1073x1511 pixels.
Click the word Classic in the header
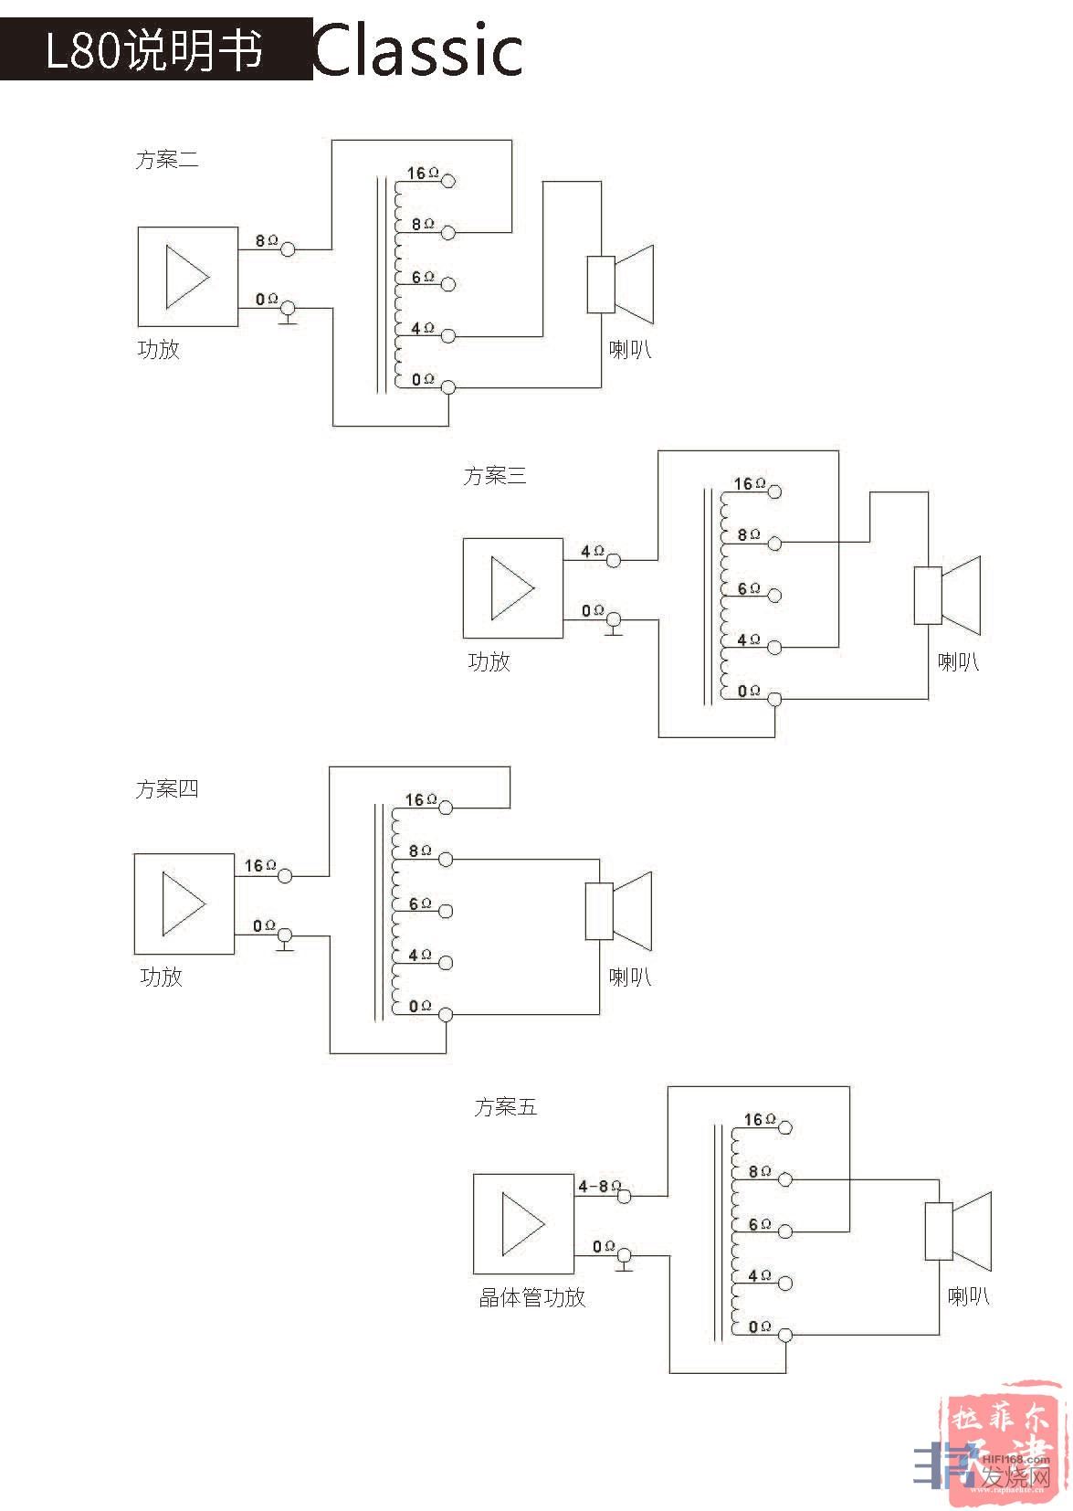point(418,50)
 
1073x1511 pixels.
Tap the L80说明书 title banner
point(155,50)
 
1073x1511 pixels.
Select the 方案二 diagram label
point(166,160)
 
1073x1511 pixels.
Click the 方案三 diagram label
point(494,476)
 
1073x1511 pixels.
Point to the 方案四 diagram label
point(166,789)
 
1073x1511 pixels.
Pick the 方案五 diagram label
point(505,1107)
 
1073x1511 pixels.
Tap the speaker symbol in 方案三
point(947,596)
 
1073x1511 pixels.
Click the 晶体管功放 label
point(531,1297)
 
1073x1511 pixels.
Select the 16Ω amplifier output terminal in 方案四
point(285,876)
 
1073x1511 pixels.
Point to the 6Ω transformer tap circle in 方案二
point(448,284)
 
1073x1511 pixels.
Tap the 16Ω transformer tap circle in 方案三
point(774,491)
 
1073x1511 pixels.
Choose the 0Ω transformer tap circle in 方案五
point(784,1335)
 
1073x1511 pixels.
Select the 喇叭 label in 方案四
point(629,977)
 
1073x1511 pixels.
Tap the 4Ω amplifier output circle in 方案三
point(614,560)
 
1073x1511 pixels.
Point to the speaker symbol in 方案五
point(958,1231)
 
